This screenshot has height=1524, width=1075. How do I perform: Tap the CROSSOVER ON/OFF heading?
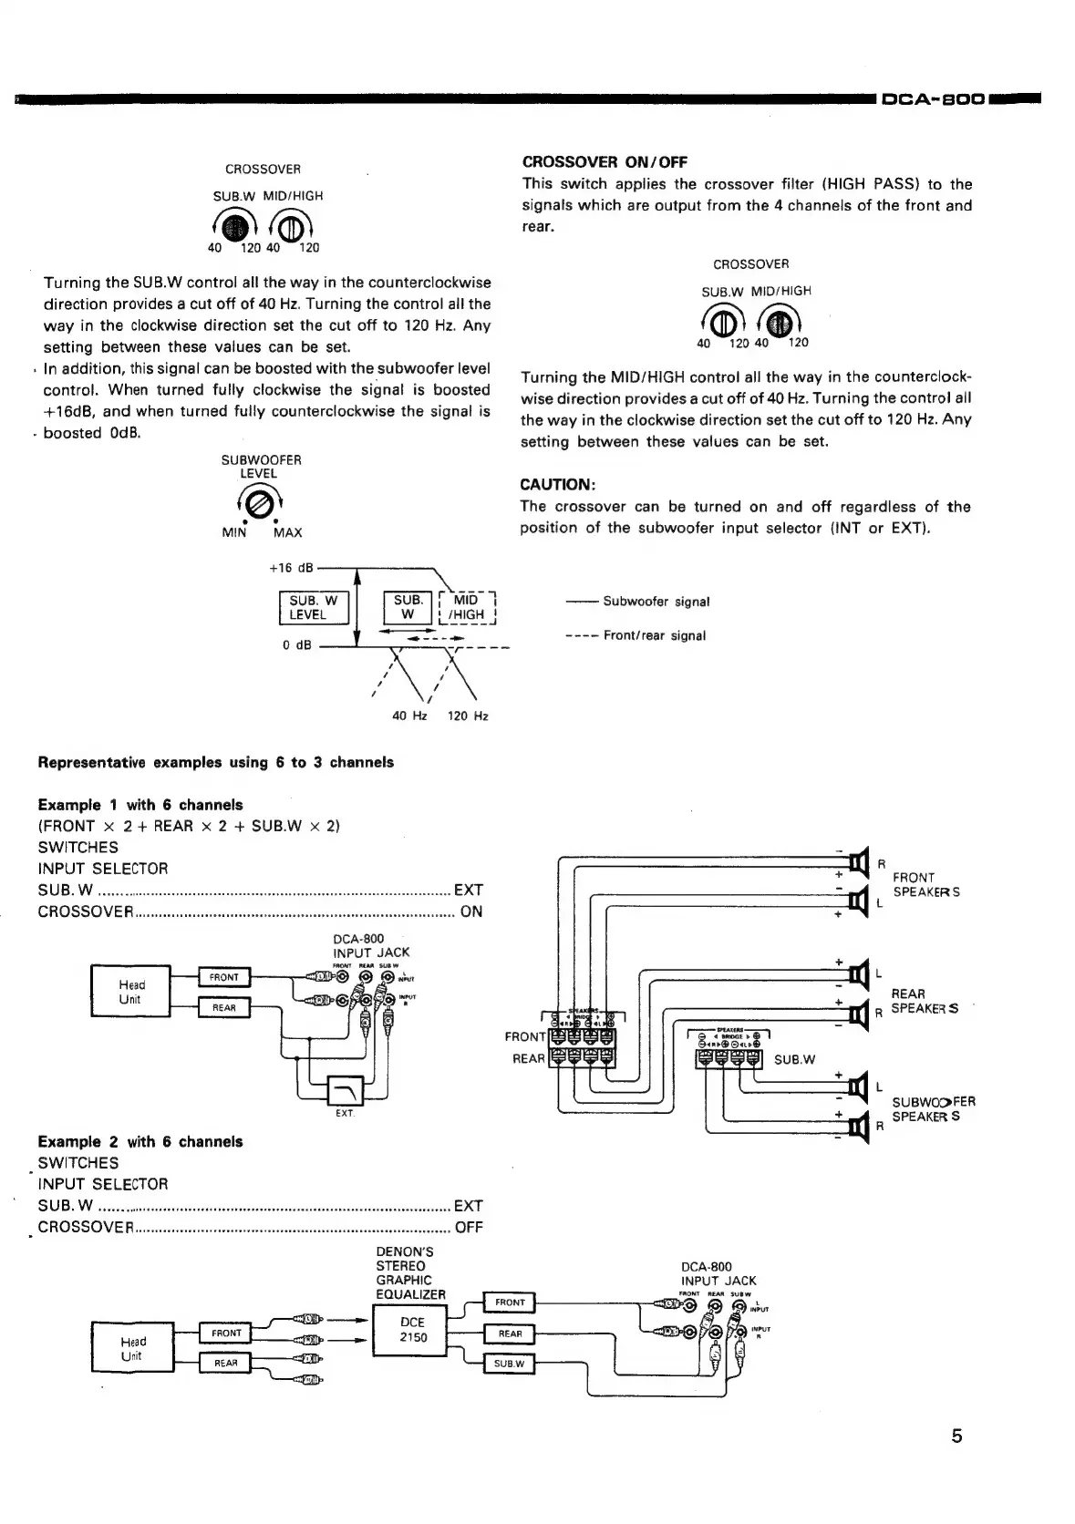coord(605,162)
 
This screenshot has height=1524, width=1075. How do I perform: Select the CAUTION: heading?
coord(557,484)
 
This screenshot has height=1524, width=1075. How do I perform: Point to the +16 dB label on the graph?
coord(291,568)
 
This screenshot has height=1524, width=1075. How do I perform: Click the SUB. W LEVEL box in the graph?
coord(313,607)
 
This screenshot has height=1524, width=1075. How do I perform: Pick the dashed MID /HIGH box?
coord(468,607)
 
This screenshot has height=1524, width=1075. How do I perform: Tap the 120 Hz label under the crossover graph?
coord(467,716)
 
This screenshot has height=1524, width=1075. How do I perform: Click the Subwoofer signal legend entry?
coord(656,602)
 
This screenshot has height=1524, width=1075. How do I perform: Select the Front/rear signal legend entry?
coord(654,635)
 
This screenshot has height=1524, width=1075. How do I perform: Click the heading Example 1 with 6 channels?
coord(140,804)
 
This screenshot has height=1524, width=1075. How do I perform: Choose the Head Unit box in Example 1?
coord(131,992)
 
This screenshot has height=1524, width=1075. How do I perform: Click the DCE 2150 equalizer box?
coord(412,1330)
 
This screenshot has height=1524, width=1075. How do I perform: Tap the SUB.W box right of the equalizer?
coord(509,1364)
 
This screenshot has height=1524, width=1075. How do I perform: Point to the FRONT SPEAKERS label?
coord(925,884)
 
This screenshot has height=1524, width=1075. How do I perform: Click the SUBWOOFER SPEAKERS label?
coord(933,1108)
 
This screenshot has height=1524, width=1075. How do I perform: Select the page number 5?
coord(956,1436)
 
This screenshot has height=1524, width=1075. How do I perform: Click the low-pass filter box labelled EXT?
coord(345,1089)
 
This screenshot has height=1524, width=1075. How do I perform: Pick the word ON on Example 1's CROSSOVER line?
coord(471,911)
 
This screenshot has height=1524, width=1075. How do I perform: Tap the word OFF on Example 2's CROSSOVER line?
coord(469,1227)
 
